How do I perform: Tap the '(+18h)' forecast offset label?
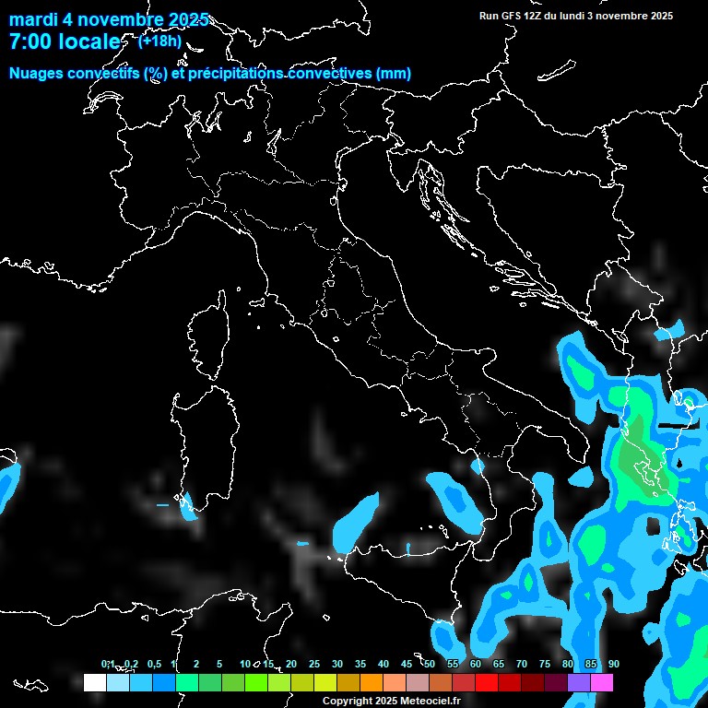[159, 41]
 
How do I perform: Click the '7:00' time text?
[35, 42]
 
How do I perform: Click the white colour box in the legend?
[94, 682]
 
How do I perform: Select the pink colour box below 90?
[602, 682]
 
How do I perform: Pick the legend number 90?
[613, 664]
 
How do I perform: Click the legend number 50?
[429, 664]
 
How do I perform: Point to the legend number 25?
[313, 664]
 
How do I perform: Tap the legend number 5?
[219, 664]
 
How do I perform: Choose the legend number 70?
[521, 664]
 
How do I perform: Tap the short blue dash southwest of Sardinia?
[162, 505]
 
